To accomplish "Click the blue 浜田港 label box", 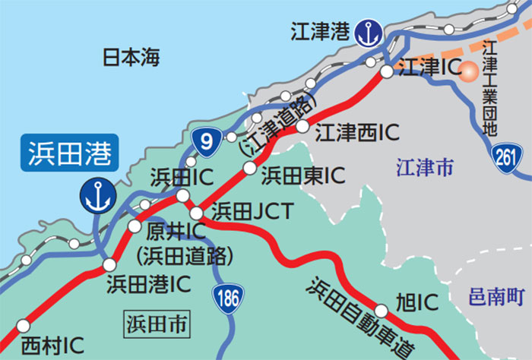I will (x=69, y=153).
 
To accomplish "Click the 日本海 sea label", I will (x=131, y=57).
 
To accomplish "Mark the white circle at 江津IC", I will (x=387, y=71).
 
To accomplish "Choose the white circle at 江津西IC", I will (x=302, y=126).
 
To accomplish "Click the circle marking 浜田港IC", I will (x=109, y=265).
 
